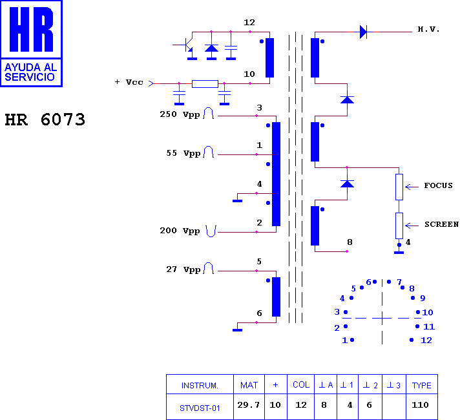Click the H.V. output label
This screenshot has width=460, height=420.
(428, 29)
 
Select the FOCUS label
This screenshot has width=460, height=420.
(438, 185)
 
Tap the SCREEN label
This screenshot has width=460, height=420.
(441, 224)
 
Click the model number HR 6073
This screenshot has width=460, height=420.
(45, 120)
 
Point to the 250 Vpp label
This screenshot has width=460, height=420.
(180, 114)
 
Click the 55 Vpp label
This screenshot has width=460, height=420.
(183, 153)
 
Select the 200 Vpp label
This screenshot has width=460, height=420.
(180, 231)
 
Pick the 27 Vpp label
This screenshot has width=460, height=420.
(183, 269)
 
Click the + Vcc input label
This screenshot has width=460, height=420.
(129, 82)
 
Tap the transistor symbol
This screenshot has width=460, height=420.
(188, 45)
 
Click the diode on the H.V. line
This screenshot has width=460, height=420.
(363, 32)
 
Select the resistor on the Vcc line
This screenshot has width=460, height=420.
(205, 84)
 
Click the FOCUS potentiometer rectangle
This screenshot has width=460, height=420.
(399, 187)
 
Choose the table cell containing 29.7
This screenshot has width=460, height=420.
(249, 406)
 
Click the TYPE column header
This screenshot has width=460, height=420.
(422, 384)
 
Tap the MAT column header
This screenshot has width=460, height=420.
(249, 384)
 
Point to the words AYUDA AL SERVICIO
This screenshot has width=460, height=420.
(31, 72)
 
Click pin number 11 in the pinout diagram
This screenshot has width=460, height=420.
(429, 326)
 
